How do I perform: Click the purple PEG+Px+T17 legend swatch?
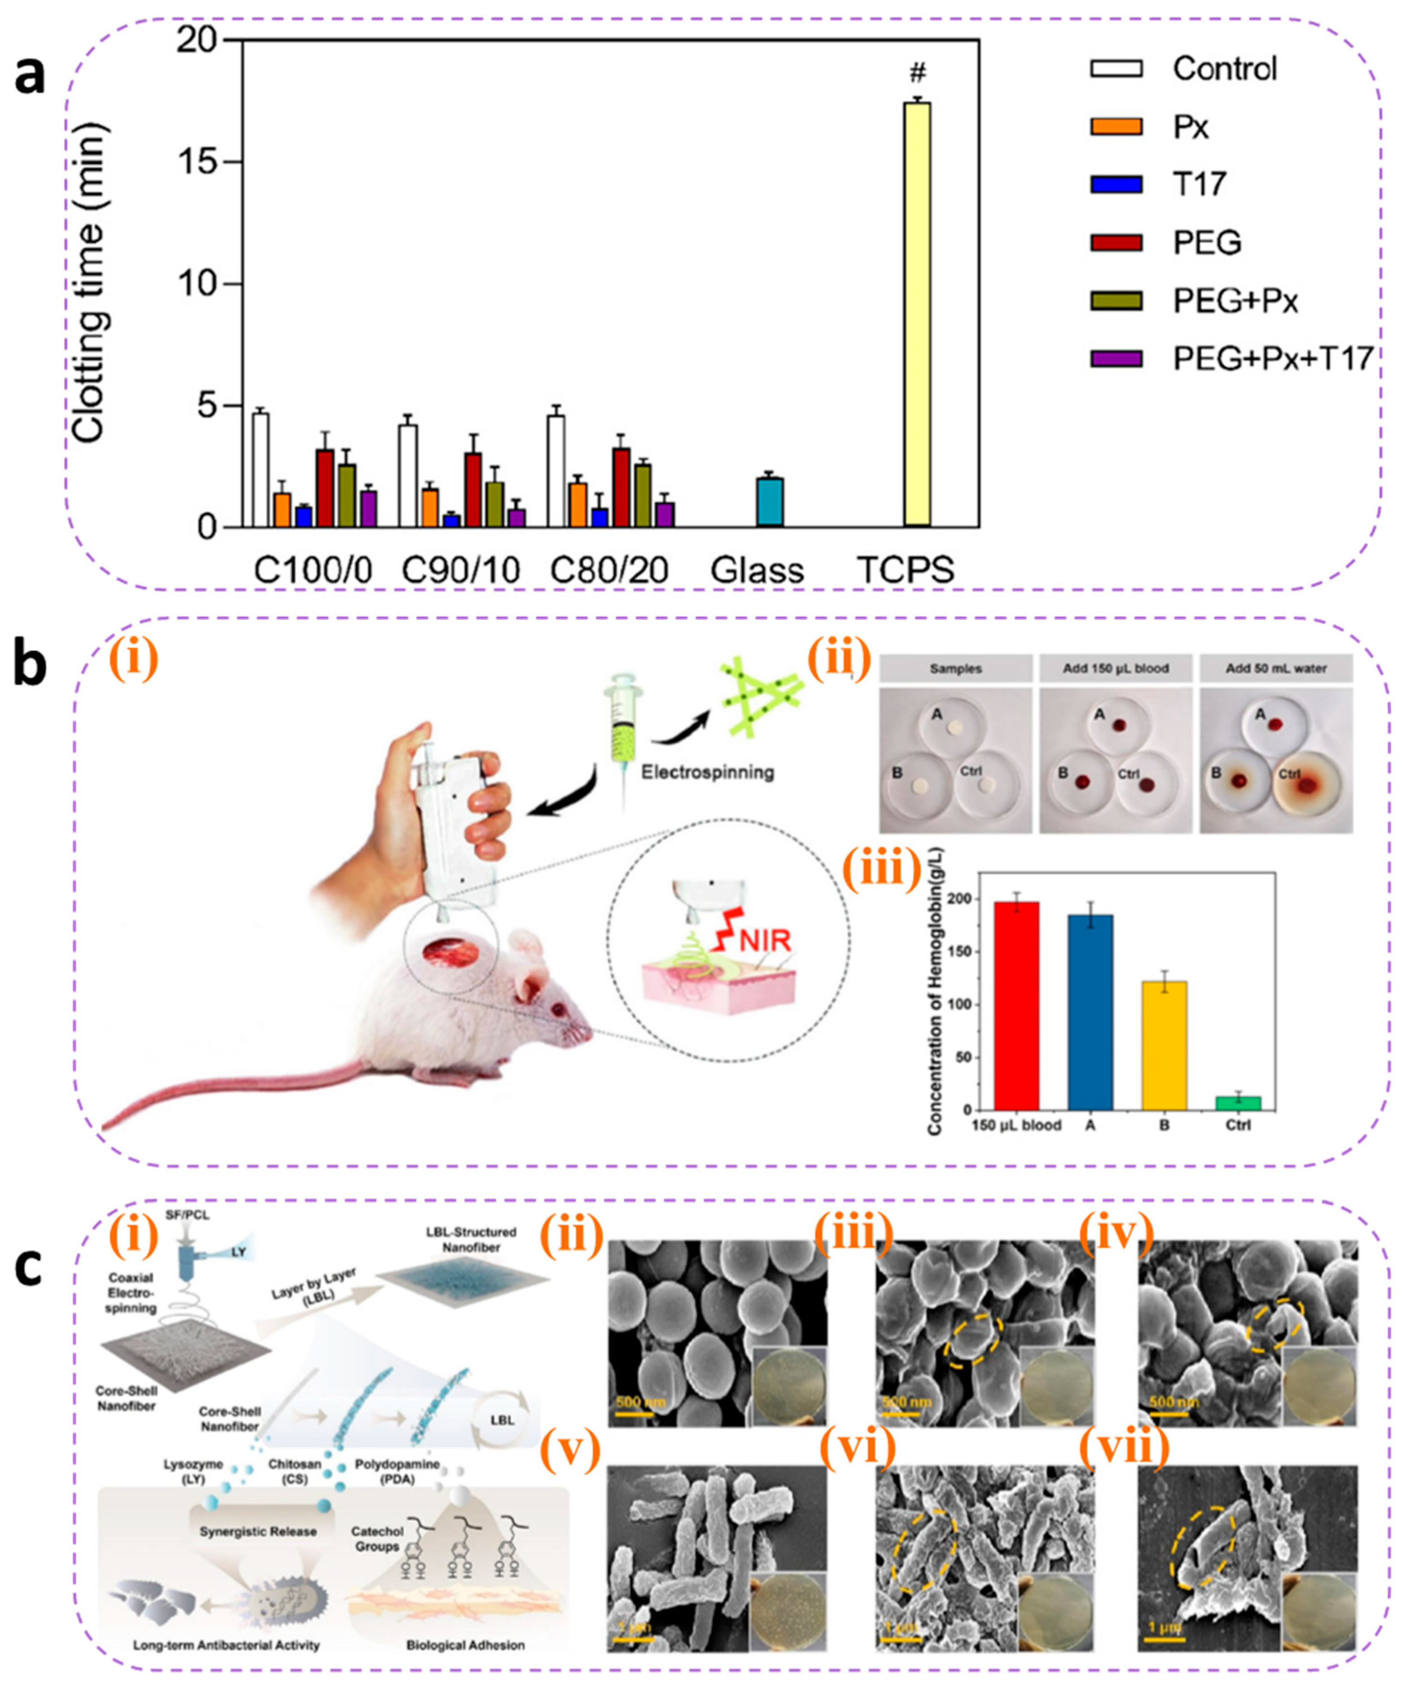1116,359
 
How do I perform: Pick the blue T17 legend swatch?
1116,184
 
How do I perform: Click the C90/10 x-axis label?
461,570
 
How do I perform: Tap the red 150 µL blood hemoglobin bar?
1016,1005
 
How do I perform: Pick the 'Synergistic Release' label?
257,1531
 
